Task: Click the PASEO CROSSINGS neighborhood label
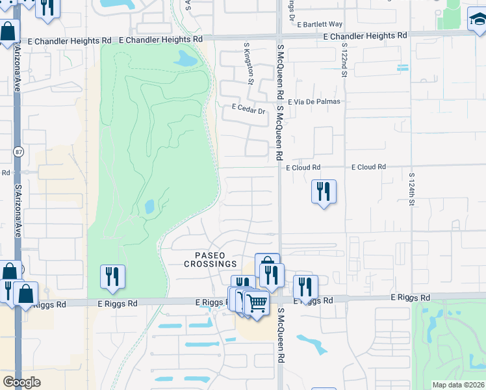[x=210, y=259]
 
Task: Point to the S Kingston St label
[x=248, y=63]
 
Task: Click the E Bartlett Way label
[x=320, y=24]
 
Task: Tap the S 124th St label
[x=411, y=188]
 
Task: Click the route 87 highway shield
[x=18, y=151]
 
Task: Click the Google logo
[x=21, y=382]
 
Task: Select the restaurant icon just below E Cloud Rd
[x=324, y=192]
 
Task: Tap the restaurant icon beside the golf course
[x=112, y=277]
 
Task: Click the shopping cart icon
[x=257, y=302]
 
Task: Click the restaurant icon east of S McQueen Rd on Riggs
[x=305, y=287]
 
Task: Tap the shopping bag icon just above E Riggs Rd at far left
[x=25, y=294]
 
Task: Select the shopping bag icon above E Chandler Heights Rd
[x=7, y=31]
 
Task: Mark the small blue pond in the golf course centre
[x=149, y=207]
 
